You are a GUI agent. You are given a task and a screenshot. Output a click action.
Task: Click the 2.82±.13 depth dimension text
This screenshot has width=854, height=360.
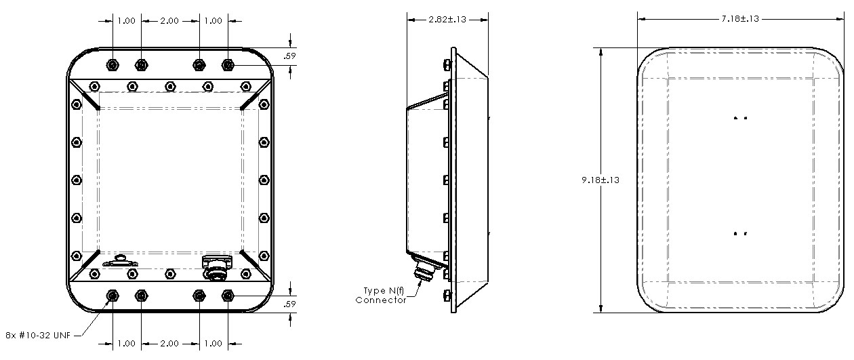point(447,19)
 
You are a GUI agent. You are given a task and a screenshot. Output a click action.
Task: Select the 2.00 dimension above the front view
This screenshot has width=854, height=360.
point(169,21)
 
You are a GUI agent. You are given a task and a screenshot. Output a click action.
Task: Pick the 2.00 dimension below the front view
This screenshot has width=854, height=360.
point(169,344)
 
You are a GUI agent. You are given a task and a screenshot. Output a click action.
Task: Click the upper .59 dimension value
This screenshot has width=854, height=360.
point(290,56)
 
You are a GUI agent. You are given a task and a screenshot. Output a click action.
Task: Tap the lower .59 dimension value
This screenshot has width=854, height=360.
point(290,303)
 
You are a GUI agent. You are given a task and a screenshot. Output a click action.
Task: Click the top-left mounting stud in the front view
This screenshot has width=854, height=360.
point(112,64)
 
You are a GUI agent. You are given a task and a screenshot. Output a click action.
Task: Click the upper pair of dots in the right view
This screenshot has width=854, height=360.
point(740,119)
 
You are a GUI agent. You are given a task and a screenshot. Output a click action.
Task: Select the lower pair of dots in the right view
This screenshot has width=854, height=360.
point(740,234)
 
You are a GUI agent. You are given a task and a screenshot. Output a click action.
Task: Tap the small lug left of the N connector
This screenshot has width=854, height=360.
point(120,261)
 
